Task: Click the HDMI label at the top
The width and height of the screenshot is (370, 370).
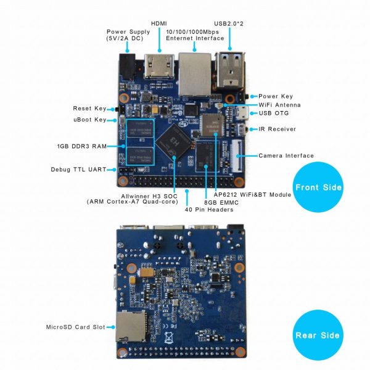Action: click(159, 22)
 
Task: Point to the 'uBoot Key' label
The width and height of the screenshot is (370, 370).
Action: click(89, 119)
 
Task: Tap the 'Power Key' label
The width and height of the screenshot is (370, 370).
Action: click(276, 96)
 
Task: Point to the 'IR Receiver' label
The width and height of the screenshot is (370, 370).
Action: click(277, 129)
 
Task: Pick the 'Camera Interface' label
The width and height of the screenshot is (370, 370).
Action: click(286, 155)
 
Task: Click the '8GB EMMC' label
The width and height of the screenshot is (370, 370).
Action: click(222, 202)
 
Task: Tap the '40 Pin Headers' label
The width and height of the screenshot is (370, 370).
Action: click(209, 210)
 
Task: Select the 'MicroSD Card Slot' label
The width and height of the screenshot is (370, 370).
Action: click(76, 326)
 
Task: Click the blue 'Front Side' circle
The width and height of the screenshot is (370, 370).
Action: click(318, 187)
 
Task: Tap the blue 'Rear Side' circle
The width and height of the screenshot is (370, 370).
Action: click(318, 335)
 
